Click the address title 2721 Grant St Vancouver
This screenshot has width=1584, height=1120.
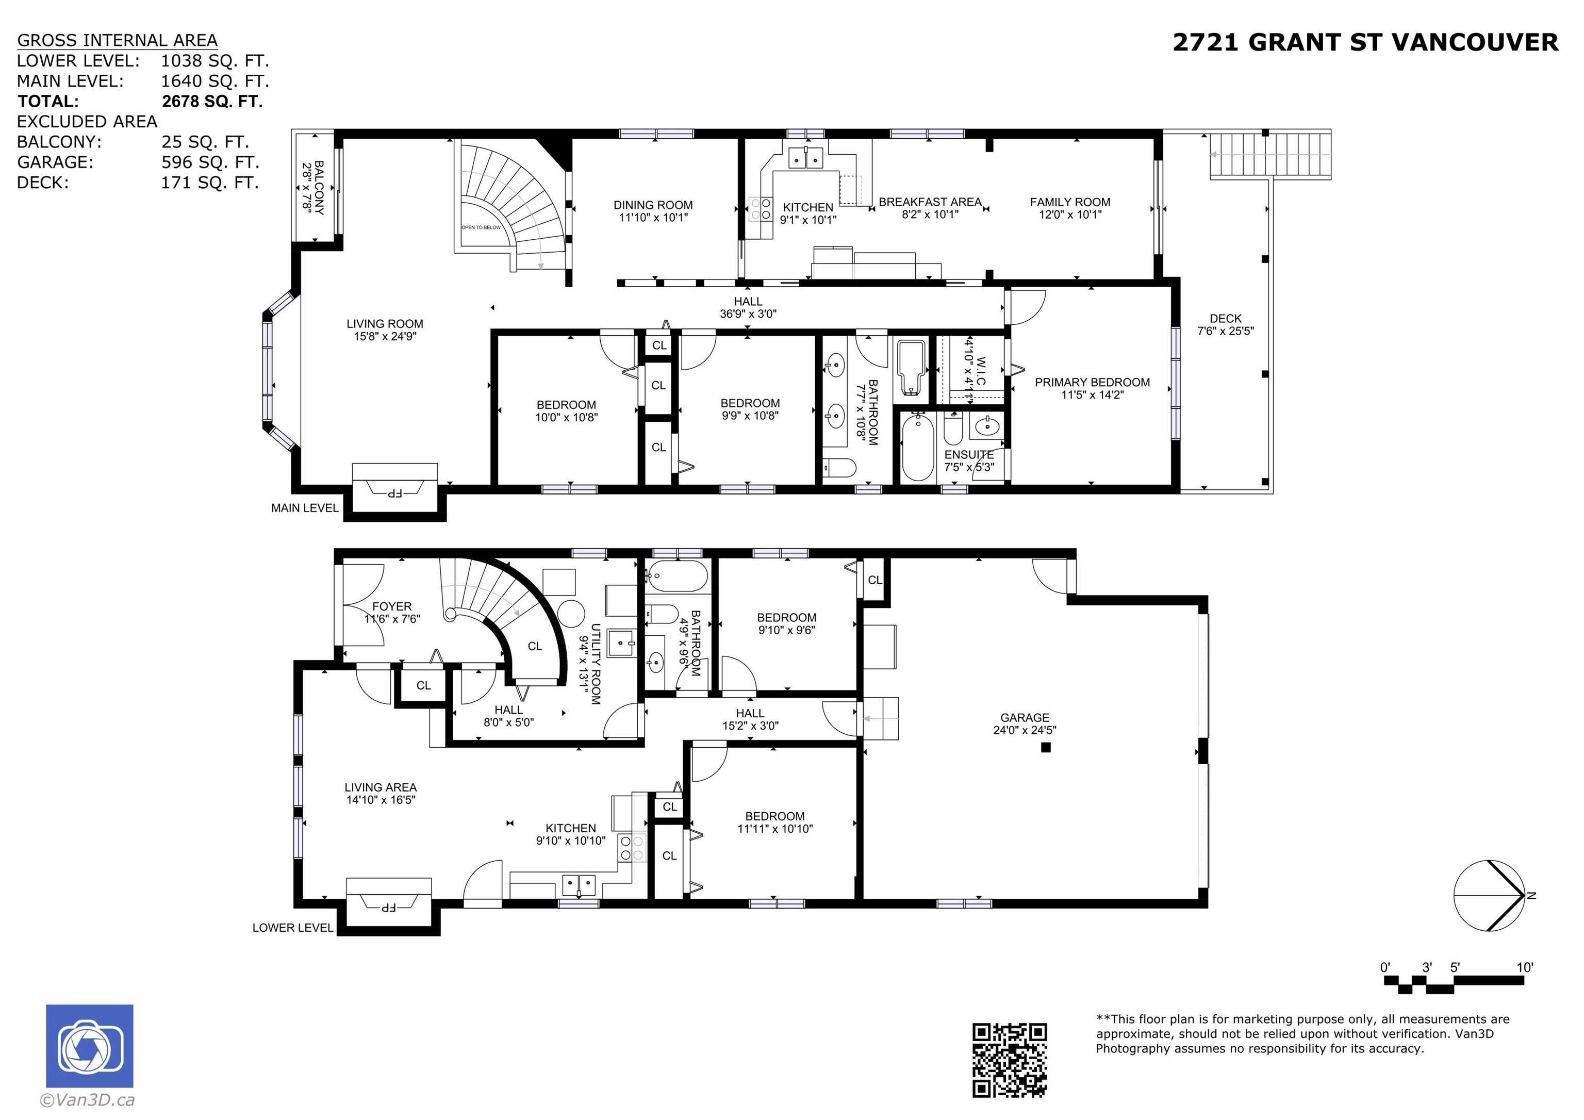[1365, 43]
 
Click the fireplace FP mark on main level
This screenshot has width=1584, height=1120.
[394, 493]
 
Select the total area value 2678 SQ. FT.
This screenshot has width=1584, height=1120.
[212, 102]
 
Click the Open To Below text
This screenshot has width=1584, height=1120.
[482, 227]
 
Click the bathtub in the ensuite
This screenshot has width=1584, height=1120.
[918, 447]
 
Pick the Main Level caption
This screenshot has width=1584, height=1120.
[305, 508]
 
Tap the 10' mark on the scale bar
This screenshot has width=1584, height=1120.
[1525, 967]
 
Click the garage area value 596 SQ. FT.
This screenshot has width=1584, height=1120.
[210, 162]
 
